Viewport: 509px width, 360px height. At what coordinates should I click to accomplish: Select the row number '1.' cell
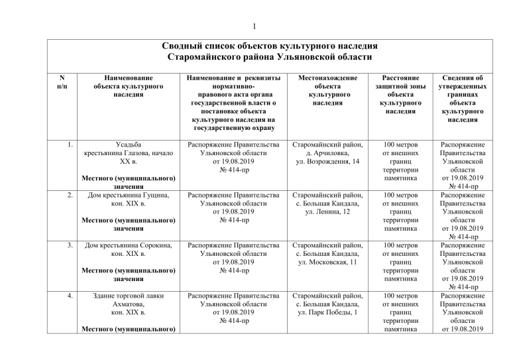(69, 143)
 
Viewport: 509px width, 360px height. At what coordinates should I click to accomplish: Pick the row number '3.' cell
(69, 245)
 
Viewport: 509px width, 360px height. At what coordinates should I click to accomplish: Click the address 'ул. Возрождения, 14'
(329, 162)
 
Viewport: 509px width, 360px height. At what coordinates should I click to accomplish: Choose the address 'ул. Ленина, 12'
(329, 212)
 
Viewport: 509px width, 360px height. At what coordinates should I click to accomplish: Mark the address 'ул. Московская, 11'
(329, 263)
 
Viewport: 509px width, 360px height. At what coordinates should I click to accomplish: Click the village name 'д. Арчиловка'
(329, 152)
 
